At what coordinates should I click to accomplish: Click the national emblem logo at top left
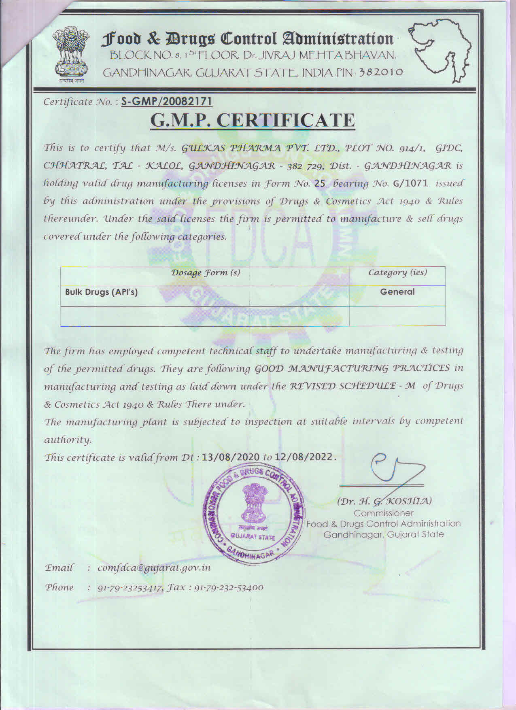click(x=71, y=53)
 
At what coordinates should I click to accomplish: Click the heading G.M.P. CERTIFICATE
click(x=253, y=120)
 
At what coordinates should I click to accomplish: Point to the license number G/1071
click(x=410, y=183)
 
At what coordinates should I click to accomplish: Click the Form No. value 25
click(x=320, y=183)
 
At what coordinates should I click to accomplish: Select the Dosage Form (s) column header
click(x=206, y=272)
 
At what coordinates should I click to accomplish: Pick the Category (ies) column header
click(x=397, y=272)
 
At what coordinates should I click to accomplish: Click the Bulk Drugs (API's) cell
click(x=101, y=292)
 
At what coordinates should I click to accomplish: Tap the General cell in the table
click(x=397, y=291)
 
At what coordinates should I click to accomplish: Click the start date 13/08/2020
click(x=231, y=457)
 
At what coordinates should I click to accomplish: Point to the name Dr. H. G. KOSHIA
click(x=384, y=501)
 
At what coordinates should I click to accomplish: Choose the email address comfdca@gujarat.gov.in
click(x=154, y=568)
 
